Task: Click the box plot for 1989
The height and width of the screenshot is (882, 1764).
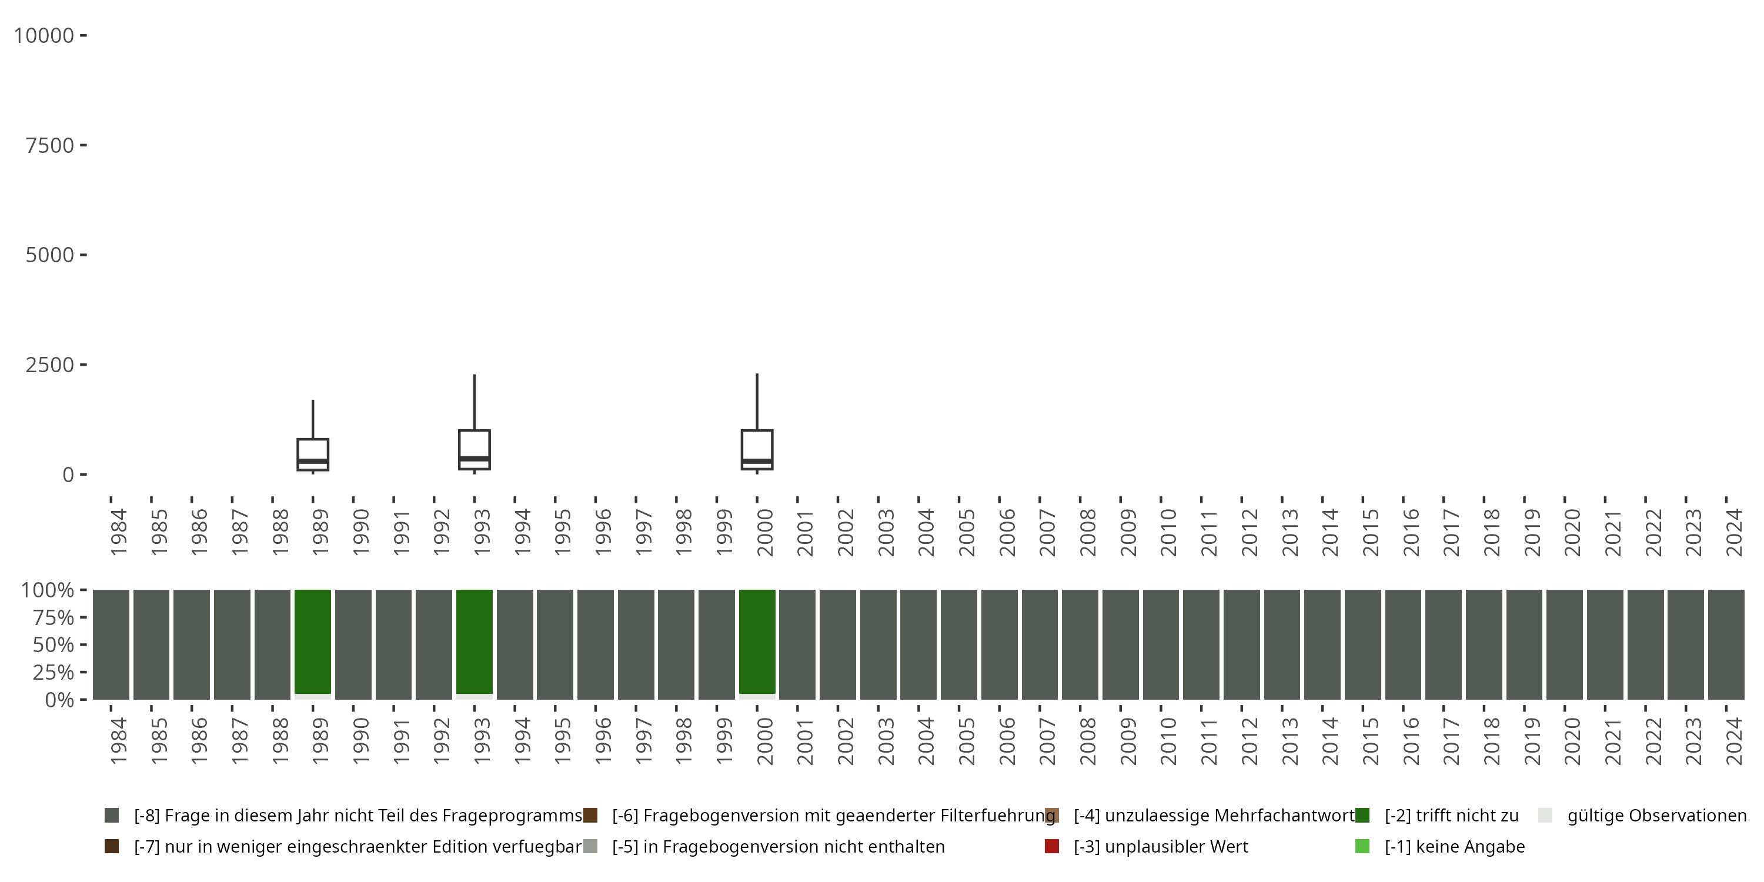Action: pyautogui.click(x=313, y=454)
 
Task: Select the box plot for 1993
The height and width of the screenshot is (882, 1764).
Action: pyautogui.click(x=475, y=449)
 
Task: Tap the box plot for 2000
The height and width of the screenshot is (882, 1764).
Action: pyautogui.click(x=757, y=449)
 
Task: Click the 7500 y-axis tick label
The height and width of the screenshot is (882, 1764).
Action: pyautogui.click(x=49, y=145)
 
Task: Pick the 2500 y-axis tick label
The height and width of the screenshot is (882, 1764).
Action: pyautogui.click(x=49, y=365)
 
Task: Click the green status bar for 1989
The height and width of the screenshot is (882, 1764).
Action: pyautogui.click(x=313, y=642)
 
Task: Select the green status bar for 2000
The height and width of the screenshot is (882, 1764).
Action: pyautogui.click(x=757, y=642)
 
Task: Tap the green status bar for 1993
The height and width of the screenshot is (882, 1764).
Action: pyautogui.click(x=475, y=642)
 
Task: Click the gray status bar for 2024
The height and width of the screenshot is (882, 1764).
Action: pyautogui.click(x=1726, y=644)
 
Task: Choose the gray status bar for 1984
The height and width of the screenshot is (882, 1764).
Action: pyautogui.click(x=111, y=644)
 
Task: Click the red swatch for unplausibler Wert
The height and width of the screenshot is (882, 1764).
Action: pyautogui.click(x=1052, y=846)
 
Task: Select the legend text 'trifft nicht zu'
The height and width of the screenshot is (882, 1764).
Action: pyautogui.click(x=1451, y=816)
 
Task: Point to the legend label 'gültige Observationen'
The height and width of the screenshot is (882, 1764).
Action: pyautogui.click(x=1656, y=816)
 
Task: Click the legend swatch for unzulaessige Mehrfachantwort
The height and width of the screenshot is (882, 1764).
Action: pyautogui.click(x=1052, y=816)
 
